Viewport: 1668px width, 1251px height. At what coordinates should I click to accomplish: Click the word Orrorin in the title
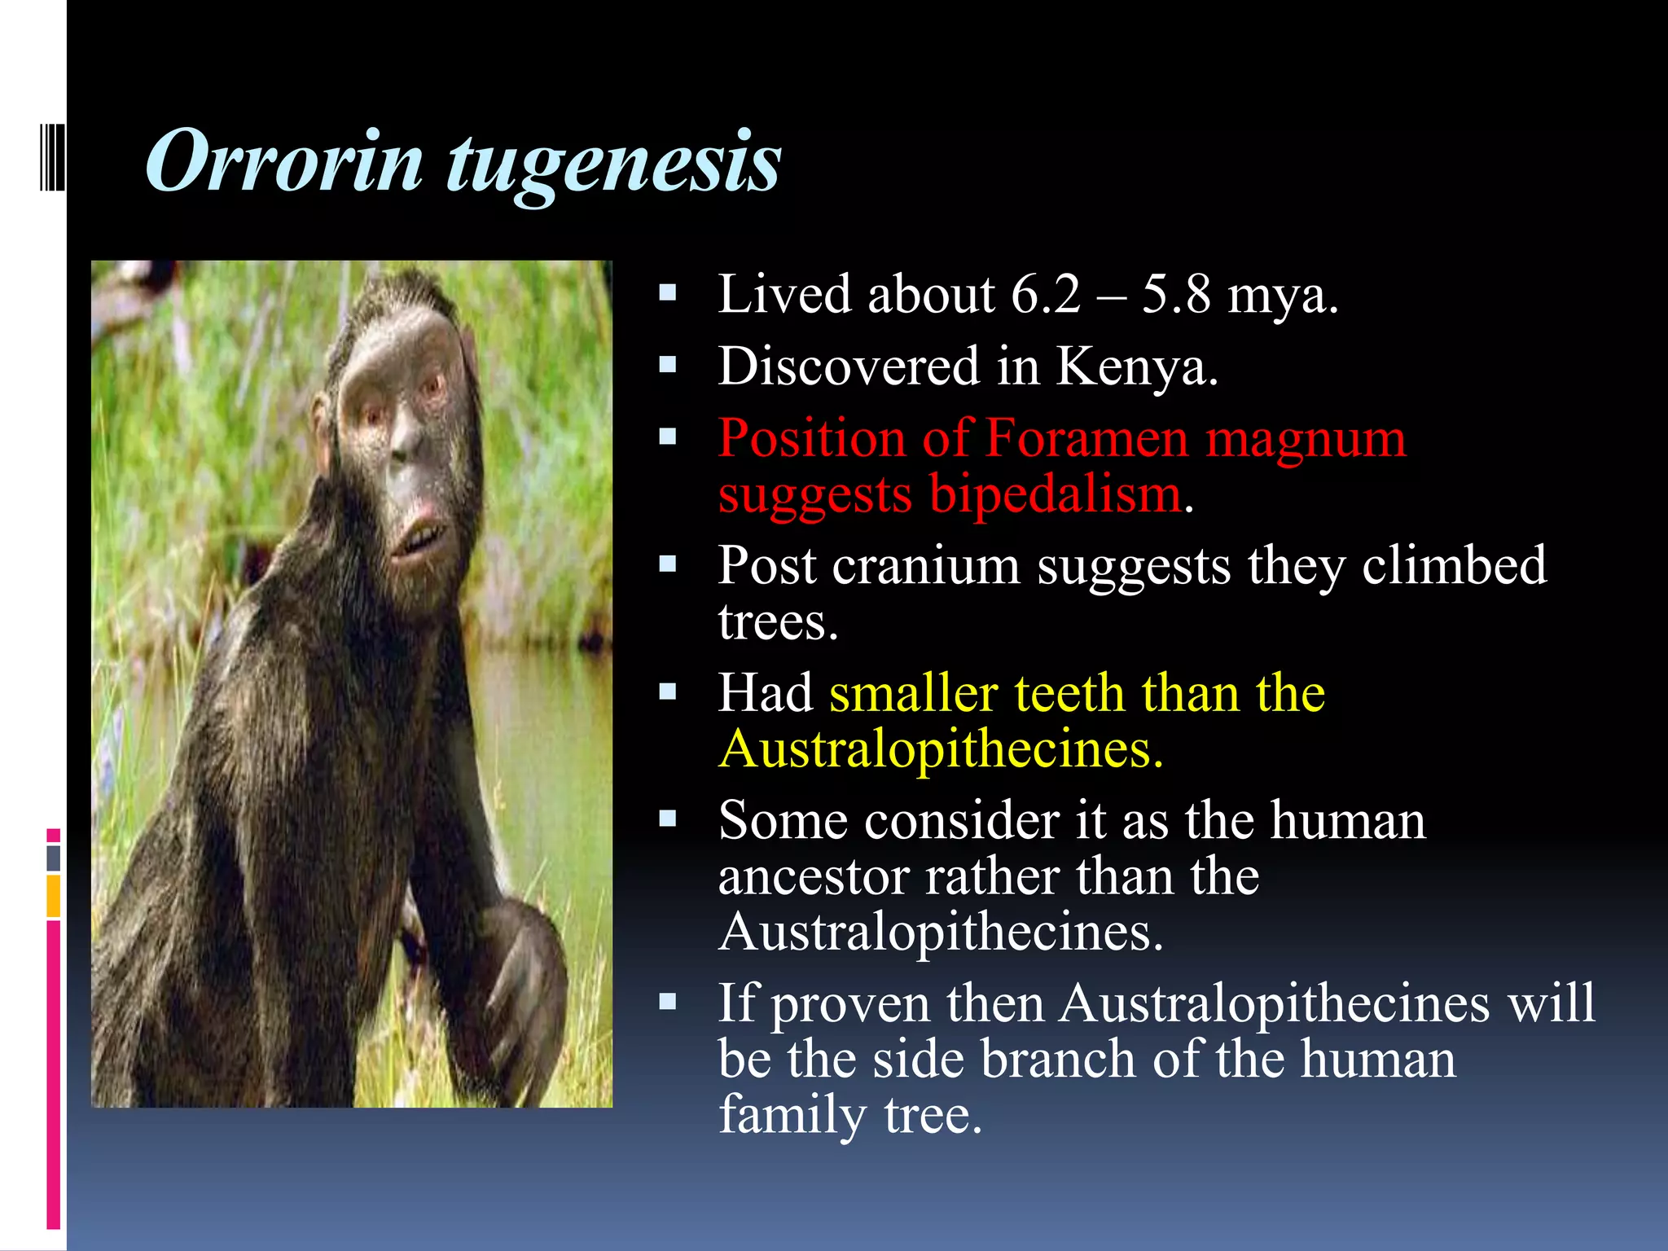click(285, 163)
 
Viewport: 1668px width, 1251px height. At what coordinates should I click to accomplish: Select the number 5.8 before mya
click(1175, 295)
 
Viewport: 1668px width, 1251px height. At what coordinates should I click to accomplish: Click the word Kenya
click(1136, 367)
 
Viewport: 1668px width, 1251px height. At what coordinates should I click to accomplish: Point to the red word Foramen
click(1087, 439)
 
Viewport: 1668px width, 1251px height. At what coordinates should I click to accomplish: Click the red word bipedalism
click(1056, 495)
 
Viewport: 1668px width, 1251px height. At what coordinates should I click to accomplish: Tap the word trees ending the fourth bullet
click(776, 623)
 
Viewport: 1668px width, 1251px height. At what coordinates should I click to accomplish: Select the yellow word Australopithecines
click(941, 749)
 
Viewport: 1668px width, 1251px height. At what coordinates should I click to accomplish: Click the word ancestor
click(814, 878)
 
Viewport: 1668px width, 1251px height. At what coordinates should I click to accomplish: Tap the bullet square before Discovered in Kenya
click(668, 365)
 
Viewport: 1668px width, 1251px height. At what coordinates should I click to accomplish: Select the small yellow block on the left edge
click(53, 896)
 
